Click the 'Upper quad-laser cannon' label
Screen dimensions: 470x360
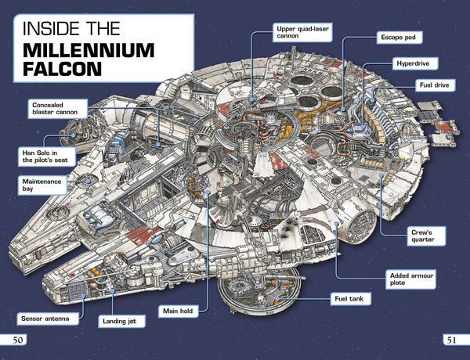pos(302,32)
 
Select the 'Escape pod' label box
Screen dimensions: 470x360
pos(399,38)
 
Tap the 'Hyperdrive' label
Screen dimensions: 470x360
pos(415,63)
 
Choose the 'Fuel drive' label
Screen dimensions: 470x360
pos(436,85)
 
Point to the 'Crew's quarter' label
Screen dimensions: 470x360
pos(426,236)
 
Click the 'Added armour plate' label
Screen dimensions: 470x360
pos(410,279)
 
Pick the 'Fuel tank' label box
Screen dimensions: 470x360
pos(351,299)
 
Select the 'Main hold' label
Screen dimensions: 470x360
pos(179,311)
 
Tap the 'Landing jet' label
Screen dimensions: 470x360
pos(121,321)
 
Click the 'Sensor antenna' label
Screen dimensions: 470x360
pos(48,319)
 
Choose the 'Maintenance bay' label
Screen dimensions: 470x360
pos(42,185)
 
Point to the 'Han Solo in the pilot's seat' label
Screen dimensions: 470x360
pos(46,157)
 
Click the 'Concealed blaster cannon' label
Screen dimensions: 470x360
pos(57,109)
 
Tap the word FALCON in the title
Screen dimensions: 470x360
pos(63,69)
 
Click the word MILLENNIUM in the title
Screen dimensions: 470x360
pos(89,50)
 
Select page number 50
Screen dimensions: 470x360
pos(17,340)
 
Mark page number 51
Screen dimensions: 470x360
pos(451,340)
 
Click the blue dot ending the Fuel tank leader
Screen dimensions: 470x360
pos(278,299)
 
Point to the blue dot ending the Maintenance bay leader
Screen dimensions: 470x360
pos(88,181)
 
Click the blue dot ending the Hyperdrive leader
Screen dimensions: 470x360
pos(363,127)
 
